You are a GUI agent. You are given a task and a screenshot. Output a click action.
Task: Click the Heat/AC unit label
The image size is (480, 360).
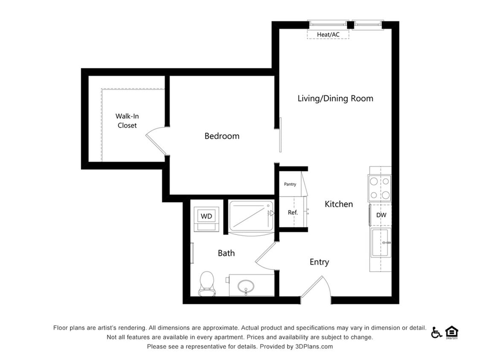tap(328, 35)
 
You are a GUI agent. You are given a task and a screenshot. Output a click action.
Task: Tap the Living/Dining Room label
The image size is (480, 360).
tap(335, 99)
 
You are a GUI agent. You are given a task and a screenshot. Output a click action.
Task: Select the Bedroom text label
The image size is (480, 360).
tap(221, 136)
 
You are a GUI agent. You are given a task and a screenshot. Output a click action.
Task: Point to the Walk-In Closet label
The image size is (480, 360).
tap(127, 121)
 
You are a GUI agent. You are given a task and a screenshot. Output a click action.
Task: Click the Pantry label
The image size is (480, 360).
tap(290, 184)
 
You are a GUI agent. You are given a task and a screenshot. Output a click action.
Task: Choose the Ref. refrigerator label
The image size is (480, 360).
tap(292, 212)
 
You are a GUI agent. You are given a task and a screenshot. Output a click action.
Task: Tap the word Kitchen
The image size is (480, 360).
tap(339, 204)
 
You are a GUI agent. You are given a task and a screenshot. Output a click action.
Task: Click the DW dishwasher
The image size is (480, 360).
tap(381, 215)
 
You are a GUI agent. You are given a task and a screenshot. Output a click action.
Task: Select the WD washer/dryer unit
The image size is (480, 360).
tap(207, 217)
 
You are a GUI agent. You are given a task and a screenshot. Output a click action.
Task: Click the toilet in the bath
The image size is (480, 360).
tap(207, 283)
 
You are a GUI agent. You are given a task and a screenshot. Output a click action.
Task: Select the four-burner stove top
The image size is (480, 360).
tap(380, 188)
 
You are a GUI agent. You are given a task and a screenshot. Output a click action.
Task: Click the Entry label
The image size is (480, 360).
tap(319, 262)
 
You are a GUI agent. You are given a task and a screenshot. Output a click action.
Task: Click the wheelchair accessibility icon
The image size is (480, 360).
tap(436, 332)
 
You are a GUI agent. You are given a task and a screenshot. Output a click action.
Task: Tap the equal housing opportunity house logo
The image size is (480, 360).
tap(451, 332)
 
